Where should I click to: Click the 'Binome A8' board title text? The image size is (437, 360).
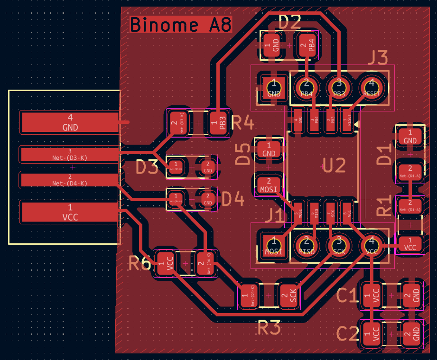pos(180,25)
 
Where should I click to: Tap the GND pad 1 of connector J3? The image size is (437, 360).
pos(274,88)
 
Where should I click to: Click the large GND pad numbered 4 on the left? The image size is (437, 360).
pos(70,122)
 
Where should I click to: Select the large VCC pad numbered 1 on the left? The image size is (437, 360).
pos(70,212)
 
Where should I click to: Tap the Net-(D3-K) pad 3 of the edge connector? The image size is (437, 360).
pos(70,154)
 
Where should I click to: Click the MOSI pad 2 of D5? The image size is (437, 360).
pos(269,185)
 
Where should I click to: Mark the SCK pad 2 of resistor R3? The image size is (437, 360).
pos(290,297)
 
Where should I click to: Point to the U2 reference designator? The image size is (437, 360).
pos(334,166)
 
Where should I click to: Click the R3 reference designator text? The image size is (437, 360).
pos(269,327)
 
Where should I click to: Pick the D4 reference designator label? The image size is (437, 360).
pos(232,200)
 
